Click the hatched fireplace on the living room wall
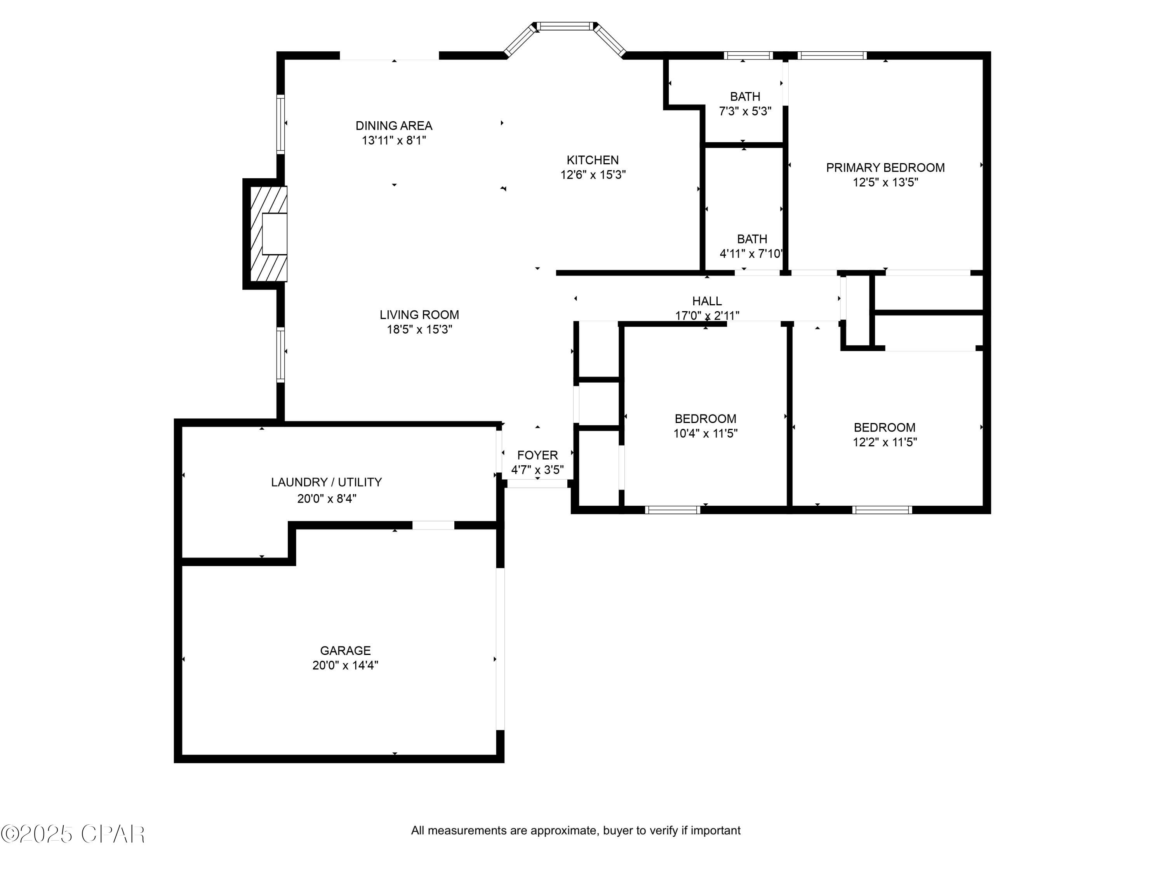[x=268, y=234]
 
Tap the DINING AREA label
[x=393, y=126]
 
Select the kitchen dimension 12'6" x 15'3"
[x=593, y=175]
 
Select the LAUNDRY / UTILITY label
[x=326, y=482]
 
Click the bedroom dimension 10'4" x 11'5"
[x=705, y=434]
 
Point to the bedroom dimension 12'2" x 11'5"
[x=884, y=442]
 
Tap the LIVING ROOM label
[x=419, y=315]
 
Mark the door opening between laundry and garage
[x=433, y=525]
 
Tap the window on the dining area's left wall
[x=281, y=124]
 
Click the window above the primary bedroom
[x=832, y=55]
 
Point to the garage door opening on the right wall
[x=500, y=649]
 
